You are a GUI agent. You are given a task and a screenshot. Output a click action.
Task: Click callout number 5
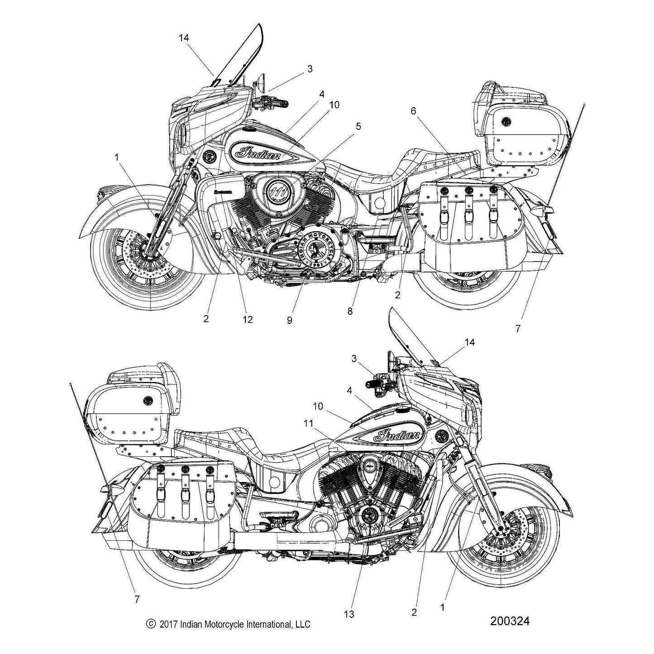pos(358,127)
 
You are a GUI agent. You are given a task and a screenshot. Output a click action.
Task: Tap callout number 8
pos(350,311)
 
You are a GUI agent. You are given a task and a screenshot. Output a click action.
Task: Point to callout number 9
pos(289,320)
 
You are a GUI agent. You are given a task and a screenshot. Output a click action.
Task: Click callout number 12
pos(247,320)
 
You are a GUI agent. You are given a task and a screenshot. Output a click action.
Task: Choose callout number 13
pos(349,614)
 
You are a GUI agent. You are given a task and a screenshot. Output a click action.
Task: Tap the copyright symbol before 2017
pos(151,624)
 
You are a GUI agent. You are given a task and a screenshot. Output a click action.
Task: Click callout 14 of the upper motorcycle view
pos(183,38)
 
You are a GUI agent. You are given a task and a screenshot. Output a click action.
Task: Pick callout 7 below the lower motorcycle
pos(137,599)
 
